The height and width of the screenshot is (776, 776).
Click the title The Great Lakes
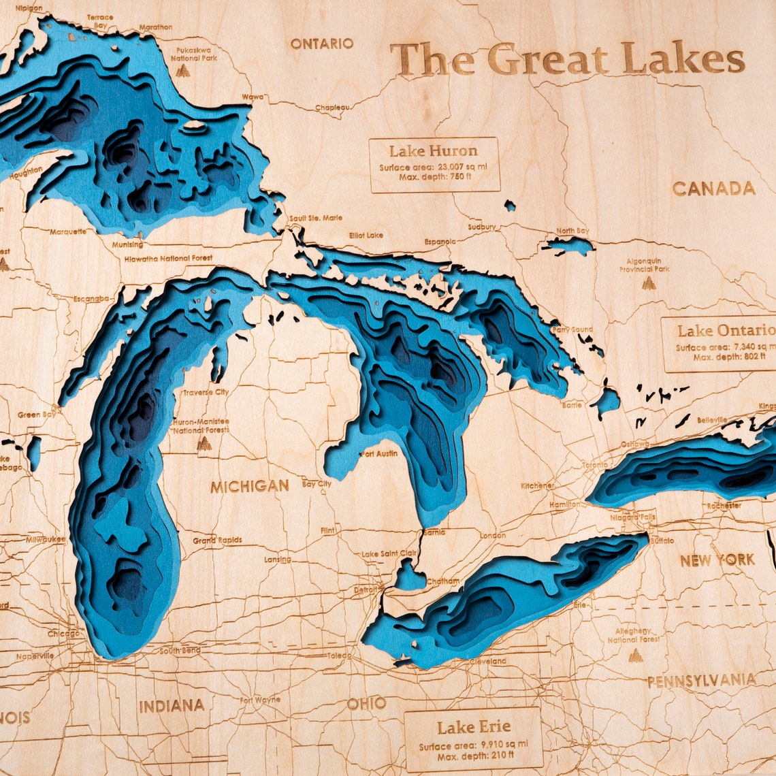click(568, 59)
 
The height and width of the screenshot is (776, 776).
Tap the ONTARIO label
click(322, 44)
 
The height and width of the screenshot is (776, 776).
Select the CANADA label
click(713, 189)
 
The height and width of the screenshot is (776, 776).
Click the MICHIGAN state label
click(249, 486)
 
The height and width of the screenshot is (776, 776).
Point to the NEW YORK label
click(717, 560)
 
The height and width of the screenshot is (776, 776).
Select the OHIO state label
click(366, 703)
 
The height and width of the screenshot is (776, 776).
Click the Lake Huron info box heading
click(434, 150)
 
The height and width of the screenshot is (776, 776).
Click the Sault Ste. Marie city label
click(315, 218)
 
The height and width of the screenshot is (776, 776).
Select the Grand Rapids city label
click(217, 540)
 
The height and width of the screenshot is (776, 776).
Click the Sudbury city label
click(482, 227)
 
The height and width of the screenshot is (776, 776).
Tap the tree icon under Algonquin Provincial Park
click(649, 282)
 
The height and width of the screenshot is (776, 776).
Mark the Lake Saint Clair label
click(389, 554)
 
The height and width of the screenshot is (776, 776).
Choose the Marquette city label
click(68, 231)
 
